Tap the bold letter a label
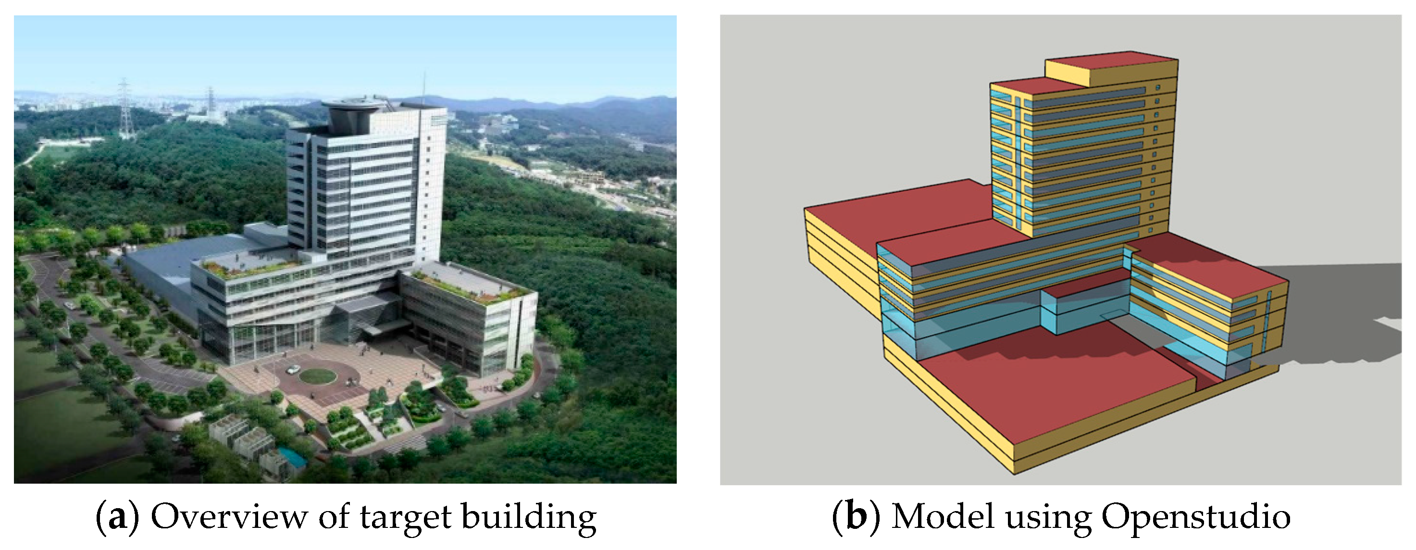pyautogui.click(x=117, y=518)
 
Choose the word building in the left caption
pyautogui.click(x=529, y=518)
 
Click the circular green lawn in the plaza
pyautogui.click(x=318, y=376)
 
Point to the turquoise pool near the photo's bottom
pyautogui.click(x=292, y=457)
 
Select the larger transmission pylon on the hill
pyautogui.click(x=125, y=110)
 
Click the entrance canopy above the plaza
pyautogui.click(x=379, y=328)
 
